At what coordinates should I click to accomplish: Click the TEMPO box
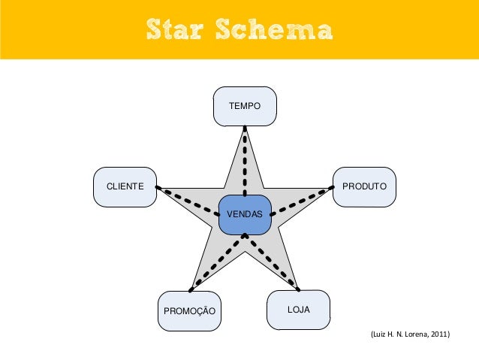click(x=245, y=106)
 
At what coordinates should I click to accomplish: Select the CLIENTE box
click(x=125, y=186)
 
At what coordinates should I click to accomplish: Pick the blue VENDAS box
click(x=245, y=214)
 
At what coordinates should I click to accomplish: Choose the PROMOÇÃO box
click(x=189, y=310)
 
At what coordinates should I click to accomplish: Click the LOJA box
click(x=298, y=309)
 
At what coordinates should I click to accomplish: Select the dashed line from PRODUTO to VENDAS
click(x=302, y=199)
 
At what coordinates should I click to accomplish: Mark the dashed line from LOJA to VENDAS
click(x=273, y=263)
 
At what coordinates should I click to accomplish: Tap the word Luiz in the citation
click(x=371, y=332)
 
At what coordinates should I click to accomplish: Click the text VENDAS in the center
click(x=245, y=215)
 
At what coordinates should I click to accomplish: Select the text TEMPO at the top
click(x=245, y=107)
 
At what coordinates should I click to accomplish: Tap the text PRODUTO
click(x=364, y=186)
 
